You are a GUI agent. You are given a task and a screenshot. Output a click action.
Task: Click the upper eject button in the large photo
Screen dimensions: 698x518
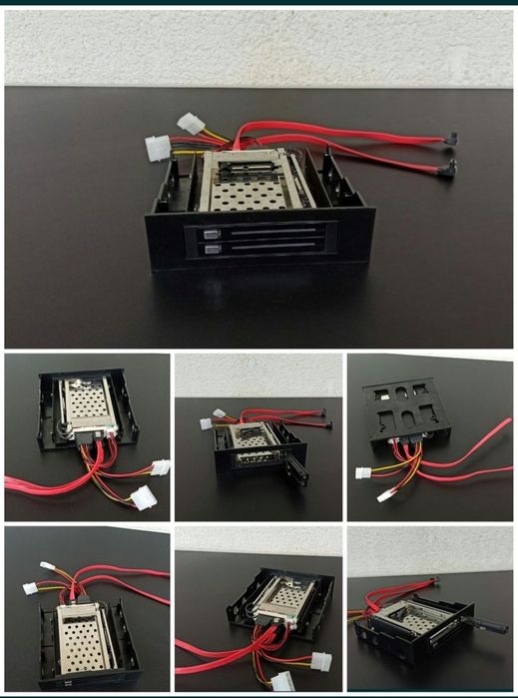tap(210, 237)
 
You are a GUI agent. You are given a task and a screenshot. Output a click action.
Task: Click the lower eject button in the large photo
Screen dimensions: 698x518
tap(210, 251)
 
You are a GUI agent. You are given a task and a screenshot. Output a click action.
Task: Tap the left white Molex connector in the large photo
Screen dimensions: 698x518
tap(157, 148)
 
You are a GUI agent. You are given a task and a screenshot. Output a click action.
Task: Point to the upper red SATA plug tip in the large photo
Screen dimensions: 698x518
tap(450, 140)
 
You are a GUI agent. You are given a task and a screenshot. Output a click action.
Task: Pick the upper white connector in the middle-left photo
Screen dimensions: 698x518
tap(159, 466)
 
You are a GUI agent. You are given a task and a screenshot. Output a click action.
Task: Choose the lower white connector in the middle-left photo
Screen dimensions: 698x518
tap(144, 497)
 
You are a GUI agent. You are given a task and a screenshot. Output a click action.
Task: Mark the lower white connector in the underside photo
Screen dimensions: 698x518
tap(385, 495)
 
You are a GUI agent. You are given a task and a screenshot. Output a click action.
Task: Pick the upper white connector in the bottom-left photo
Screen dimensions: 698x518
tap(46, 566)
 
